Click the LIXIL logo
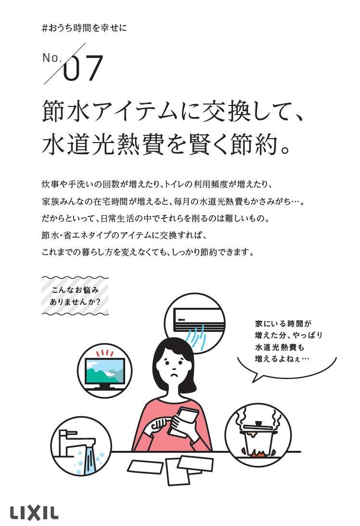34,512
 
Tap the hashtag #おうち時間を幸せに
84,28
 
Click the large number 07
84,68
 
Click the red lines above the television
105,352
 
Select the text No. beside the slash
52,58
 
